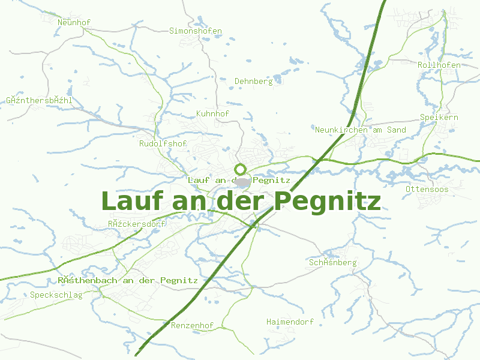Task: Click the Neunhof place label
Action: [74, 23]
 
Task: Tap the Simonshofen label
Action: [196, 31]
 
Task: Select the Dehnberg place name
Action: [253, 81]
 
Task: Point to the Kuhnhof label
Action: [213, 113]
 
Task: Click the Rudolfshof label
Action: [163, 144]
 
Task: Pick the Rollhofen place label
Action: [439, 65]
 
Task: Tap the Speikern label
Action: [439, 118]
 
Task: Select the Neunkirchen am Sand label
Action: [360, 130]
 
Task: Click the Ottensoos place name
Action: [427, 190]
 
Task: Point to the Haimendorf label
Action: [290, 322]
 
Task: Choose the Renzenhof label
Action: [192, 326]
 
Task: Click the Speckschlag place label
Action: [56, 295]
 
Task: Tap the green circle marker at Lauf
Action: [241, 169]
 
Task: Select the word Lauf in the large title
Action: [133, 200]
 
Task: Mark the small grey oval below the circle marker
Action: [242, 181]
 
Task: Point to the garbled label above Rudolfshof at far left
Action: [39, 100]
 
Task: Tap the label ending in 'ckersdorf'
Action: [137, 224]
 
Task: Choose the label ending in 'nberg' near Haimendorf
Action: [332, 263]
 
